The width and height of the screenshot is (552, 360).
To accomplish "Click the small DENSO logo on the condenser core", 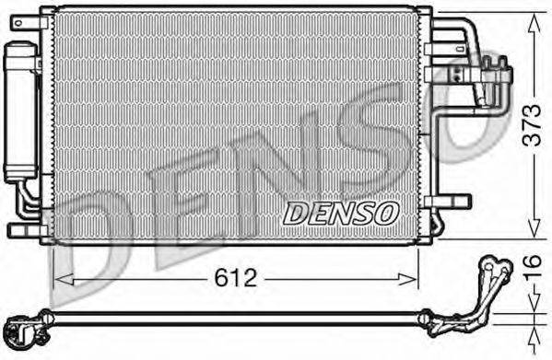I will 339,212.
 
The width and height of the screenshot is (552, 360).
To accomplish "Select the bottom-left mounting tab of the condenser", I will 23,228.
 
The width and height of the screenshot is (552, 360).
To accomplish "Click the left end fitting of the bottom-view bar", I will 20,327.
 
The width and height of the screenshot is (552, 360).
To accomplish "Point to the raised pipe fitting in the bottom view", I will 492,276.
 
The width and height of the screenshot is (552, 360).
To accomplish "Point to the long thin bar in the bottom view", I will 230,319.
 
